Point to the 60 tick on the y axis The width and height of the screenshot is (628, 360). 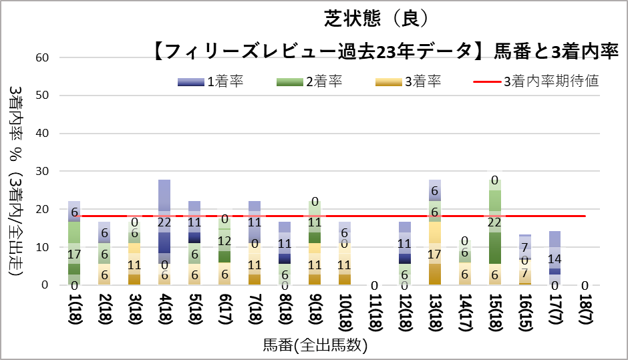[x=42, y=57]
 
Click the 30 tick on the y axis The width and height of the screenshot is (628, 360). [x=42, y=172]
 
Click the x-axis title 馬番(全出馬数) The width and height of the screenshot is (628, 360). [x=315, y=345]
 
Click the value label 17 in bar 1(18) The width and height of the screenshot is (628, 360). [x=73, y=254]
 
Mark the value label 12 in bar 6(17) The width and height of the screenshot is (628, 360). [x=225, y=240]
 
